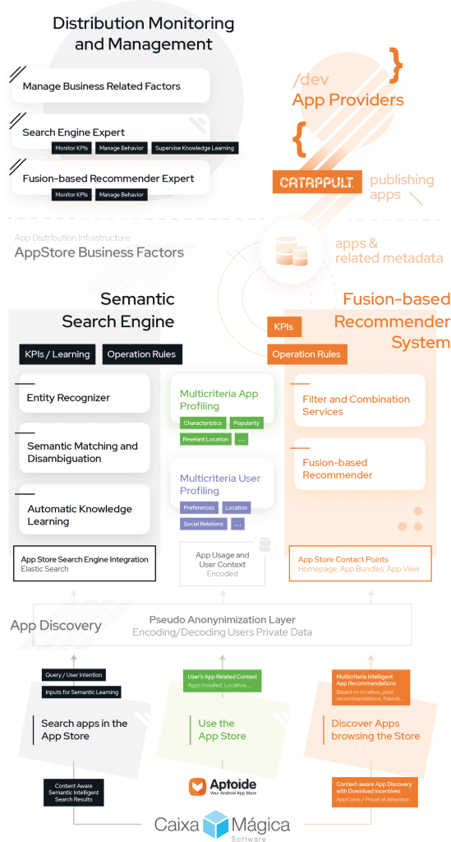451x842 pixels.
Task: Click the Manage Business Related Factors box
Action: (110, 86)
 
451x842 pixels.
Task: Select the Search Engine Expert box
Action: (110, 132)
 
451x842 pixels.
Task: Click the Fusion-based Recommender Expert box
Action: (110, 178)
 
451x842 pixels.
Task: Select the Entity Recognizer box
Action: (84, 397)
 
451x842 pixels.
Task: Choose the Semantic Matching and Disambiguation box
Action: (84, 452)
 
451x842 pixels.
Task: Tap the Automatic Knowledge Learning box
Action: (84, 515)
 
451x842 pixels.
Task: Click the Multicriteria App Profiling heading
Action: (219, 400)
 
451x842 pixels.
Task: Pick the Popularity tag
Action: (246, 423)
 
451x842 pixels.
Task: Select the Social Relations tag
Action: (204, 524)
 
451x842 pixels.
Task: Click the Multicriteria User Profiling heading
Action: (220, 484)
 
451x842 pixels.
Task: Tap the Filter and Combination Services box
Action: (359, 405)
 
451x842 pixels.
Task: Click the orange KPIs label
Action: (284, 327)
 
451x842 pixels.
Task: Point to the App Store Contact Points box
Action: (358, 563)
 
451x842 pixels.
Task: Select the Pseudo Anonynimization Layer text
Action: (223, 619)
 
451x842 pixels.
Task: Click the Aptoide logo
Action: (222, 790)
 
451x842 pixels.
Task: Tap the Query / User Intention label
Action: (73, 675)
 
